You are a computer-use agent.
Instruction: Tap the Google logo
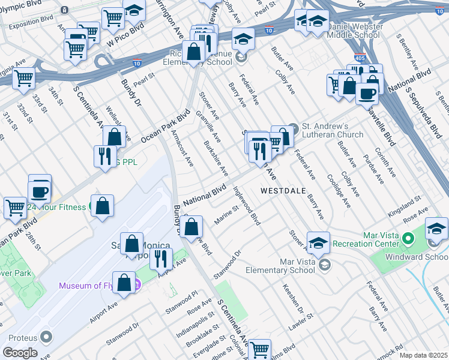(x=20, y=352)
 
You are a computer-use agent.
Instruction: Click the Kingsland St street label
(x=402, y=214)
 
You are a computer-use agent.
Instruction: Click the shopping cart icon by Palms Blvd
(x=259, y=349)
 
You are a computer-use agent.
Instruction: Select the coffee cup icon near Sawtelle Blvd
(x=367, y=93)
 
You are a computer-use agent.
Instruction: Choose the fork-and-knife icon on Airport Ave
(x=160, y=258)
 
